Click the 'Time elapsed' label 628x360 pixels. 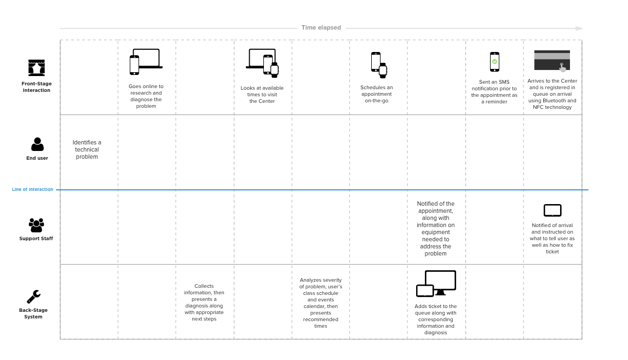point(321,27)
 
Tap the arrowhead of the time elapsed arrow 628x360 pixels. point(579,28)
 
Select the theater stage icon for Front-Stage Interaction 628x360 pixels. point(37,68)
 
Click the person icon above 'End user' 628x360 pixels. point(37,144)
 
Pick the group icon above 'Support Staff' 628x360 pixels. point(36,225)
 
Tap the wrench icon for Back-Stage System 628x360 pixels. point(33,297)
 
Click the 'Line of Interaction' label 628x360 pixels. point(32,190)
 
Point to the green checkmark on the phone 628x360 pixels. point(494,62)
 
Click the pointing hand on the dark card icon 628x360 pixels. point(562,68)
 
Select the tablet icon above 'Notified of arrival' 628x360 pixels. point(552,211)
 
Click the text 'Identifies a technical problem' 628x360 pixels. point(87,149)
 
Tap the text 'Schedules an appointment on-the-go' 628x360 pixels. point(377,94)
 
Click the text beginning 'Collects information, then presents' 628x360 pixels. point(204,303)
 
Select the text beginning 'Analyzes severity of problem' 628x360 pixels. point(320,303)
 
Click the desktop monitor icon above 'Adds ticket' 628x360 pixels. point(440,282)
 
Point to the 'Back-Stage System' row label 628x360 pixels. point(33,313)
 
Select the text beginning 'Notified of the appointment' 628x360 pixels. point(436,228)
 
